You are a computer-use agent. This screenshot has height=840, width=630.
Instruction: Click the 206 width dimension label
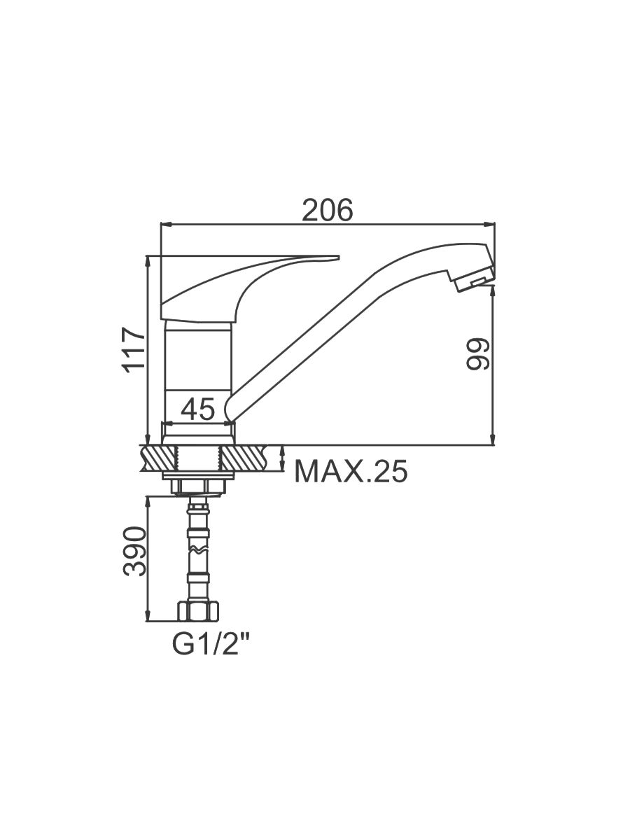click(x=327, y=210)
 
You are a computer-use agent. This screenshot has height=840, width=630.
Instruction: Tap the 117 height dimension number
click(x=134, y=350)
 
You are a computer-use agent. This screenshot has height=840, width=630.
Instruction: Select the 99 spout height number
click(x=478, y=354)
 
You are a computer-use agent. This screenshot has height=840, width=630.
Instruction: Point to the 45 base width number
click(x=198, y=409)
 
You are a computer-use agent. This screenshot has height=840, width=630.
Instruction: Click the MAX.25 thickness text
click(x=351, y=472)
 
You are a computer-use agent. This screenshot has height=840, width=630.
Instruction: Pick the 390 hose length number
click(x=134, y=551)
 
